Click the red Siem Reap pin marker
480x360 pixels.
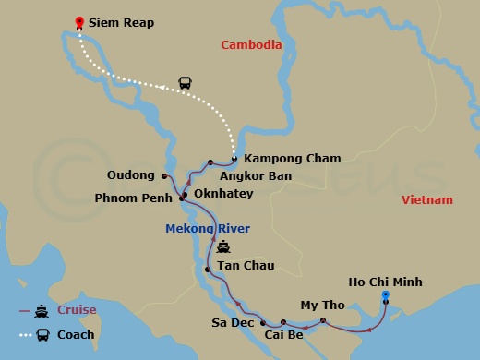pos(79,21)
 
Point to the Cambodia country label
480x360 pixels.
pos(251,43)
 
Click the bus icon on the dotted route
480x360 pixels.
pos(185,83)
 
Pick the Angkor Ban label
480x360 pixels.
pos(256,174)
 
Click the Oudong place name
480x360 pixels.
pos(130,175)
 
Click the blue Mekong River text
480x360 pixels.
pos(208,228)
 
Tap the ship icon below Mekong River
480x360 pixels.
pos(223,247)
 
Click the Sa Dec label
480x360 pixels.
pos(233,324)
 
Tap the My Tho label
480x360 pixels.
pos(321,306)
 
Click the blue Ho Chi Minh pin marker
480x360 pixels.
pos(386,296)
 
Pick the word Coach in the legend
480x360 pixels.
pos(76,334)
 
